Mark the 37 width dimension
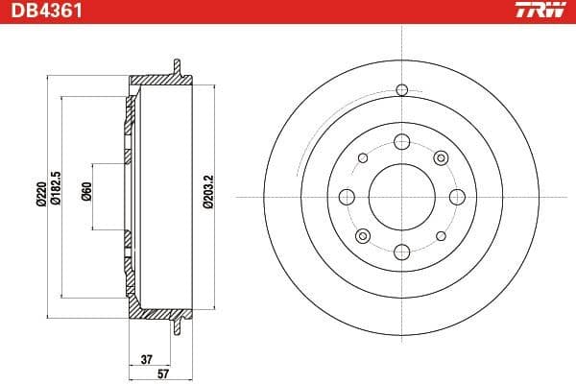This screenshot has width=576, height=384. pos(147,360)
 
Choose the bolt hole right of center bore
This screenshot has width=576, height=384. pos(455,197)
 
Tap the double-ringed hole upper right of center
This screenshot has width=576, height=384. pos(440,157)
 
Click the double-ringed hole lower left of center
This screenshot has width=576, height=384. pos(362,236)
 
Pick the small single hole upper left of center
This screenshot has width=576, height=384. pos(362,158)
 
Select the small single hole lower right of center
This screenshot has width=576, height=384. pos(440,236)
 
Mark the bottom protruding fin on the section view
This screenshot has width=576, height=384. pos(176,327)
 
